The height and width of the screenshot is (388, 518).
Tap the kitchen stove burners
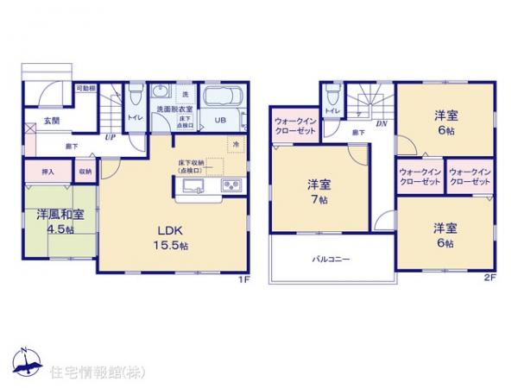tap(232, 187)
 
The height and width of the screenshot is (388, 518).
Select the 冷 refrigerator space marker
tap(234, 143)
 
